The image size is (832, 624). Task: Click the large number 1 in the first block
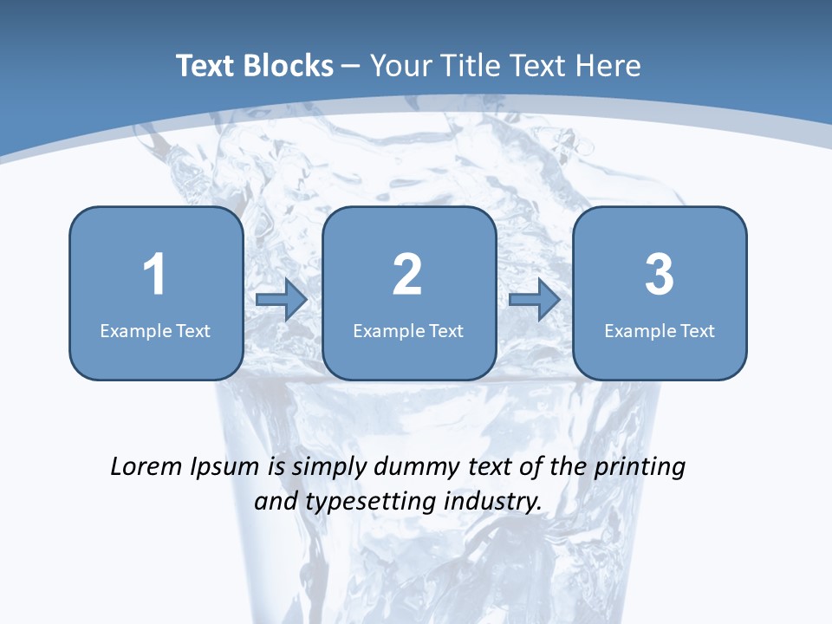click(154, 275)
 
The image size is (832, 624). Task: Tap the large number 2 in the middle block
click(407, 275)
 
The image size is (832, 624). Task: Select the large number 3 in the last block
click(660, 275)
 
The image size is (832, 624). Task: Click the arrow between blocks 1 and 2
click(282, 300)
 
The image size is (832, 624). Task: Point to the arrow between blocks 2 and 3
click(535, 300)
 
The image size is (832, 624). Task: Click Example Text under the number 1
click(155, 331)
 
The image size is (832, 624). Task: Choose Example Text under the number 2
click(408, 331)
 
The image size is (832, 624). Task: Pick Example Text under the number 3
click(660, 331)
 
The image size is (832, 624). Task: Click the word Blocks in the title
click(290, 66)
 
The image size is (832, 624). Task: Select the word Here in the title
click(608, 66)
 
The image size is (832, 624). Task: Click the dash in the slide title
click(351, 67)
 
